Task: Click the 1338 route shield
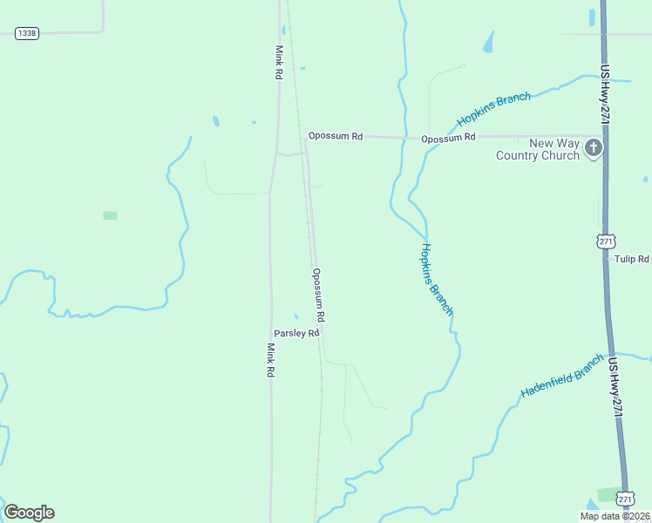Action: (x=27, y=33)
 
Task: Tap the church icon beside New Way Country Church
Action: (x=593, y=148)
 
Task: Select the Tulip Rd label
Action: (x=632, y=260)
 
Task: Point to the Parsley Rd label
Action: (x=297, y=333)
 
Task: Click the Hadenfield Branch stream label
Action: (x=561, y=377)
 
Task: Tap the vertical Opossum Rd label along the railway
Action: (x=319, y=298)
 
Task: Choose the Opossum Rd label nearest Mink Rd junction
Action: (x=336, y=136)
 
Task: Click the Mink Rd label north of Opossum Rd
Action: (x=279, y=63)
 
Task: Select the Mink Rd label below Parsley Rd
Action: (x=270, y=359)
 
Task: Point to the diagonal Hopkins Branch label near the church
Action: (x=493, y=110)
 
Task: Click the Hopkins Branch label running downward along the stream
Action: (x=437, y=278)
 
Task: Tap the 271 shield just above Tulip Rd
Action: (x=607, y=240)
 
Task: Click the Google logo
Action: (x=29, y=513)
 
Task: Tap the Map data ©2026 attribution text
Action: (x=615, y=516)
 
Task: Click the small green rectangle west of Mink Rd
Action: (x=110, y=215)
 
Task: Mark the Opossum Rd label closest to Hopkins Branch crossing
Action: (x=448, y=138)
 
